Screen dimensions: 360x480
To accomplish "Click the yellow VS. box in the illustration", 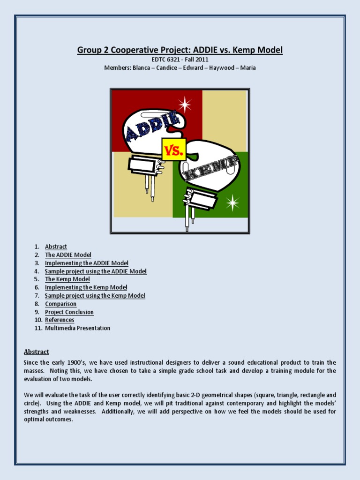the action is tap(174, 150).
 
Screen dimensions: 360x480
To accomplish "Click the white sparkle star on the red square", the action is tap(184, 105).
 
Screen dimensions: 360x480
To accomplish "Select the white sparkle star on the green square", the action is tap(232, 202).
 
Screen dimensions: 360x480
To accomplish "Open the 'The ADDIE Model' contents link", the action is tap(68, 255).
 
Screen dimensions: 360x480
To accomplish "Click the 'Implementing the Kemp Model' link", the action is tap(86, 287).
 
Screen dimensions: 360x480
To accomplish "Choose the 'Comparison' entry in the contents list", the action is tap(60, 304).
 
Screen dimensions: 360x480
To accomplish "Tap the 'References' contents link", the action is tap(60, 320).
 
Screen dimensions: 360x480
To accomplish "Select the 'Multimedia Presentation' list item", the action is tap(77, 328).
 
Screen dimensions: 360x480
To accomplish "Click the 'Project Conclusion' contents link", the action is tap(69, 312).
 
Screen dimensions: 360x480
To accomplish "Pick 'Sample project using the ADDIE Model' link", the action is tap(96, 271).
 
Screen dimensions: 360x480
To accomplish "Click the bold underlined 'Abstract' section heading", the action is tap(37, 352).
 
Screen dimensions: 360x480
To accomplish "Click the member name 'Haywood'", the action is tap(223, 68).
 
